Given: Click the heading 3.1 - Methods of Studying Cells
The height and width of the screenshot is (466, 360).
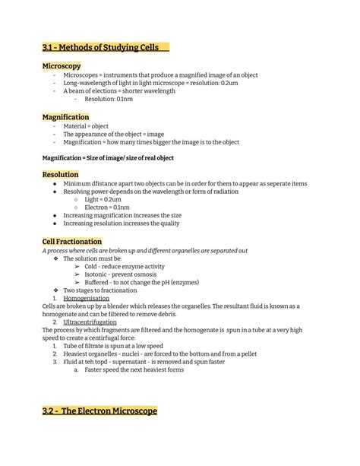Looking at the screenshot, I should [x=100, y=48].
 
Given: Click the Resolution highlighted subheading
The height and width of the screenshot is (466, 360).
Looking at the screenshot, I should [x=61, y=175].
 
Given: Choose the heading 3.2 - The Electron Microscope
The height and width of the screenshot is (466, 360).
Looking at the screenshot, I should [x=99, y=411].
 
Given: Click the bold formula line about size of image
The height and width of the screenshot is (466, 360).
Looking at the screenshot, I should [x=108, y=157].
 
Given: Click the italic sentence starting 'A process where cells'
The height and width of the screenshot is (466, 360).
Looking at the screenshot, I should [x=144, y=250].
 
